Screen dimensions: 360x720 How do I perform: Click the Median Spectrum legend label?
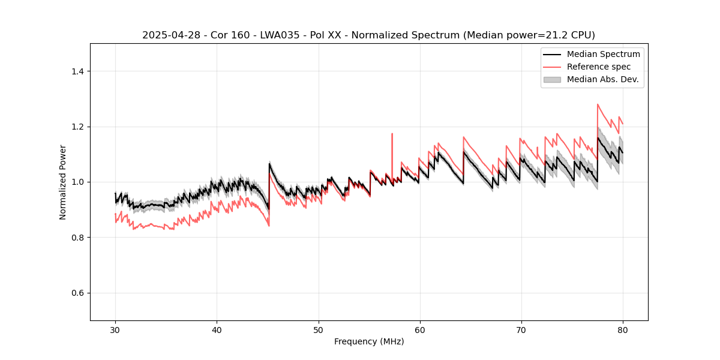[603, 54]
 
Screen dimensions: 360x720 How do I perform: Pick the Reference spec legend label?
[599, 67]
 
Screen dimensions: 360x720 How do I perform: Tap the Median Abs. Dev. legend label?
[602, 79]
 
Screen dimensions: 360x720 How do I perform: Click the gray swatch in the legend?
[552, 79]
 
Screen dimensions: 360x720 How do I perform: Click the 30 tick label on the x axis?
[115, 329]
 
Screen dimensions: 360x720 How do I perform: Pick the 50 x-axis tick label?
[318, 329]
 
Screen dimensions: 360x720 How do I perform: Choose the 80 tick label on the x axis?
[622, 329]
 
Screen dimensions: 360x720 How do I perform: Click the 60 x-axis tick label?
[419, 329]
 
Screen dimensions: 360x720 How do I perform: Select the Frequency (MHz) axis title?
[369, 341]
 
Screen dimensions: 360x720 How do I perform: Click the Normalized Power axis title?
[63, 182]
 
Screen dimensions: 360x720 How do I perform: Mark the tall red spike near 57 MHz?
[392, 134]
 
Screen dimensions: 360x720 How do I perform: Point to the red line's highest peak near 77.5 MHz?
[598, 104]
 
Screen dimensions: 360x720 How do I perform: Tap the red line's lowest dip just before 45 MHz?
[269, 226]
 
